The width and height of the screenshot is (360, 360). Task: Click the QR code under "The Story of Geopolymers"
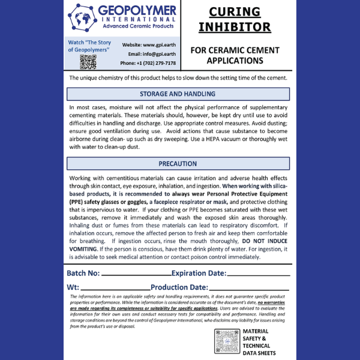click(88, 61)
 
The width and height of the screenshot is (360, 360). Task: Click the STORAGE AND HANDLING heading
click(178, 94)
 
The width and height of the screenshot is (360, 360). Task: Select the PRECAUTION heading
click(178, 163)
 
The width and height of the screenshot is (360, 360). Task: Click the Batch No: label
click(83, 274)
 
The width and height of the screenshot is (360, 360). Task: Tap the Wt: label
click(73, 287)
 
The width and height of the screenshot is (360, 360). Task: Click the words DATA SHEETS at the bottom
click(259, 353)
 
